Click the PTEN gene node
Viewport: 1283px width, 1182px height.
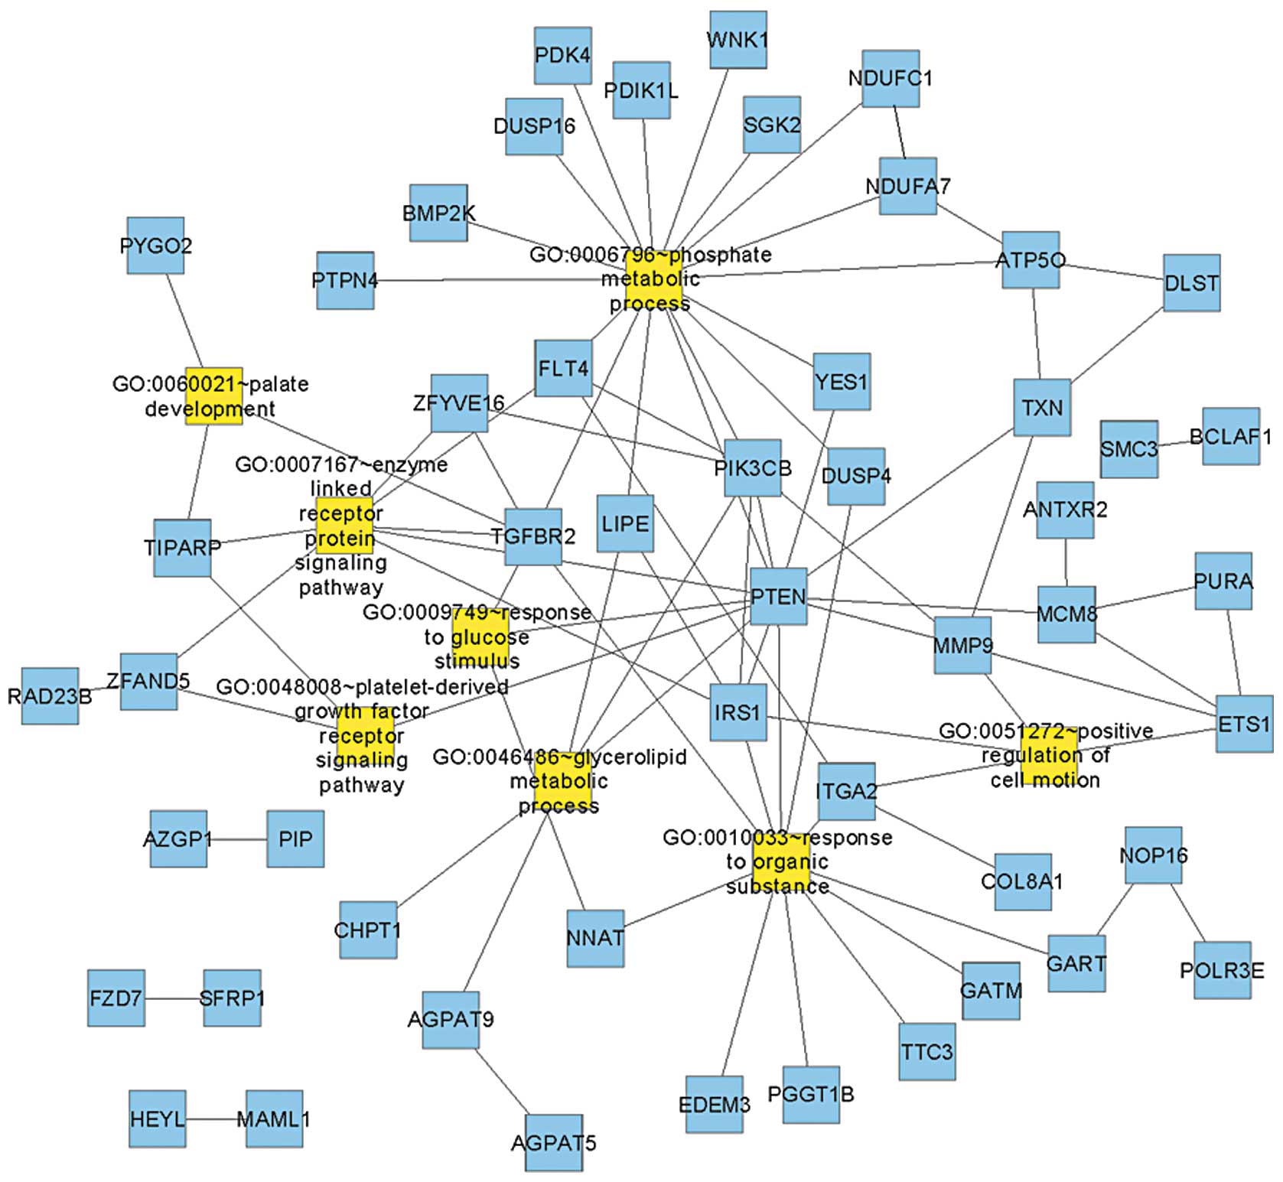[778, 597]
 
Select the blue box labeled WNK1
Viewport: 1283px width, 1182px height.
[738, 40]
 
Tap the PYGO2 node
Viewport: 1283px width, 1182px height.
[155, 246]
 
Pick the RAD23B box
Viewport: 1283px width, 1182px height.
[50, 695]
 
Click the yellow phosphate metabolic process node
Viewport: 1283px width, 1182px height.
[653, 278]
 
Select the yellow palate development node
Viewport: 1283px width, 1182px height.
[213, 396]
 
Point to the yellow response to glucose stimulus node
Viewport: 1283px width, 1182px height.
[480, 637]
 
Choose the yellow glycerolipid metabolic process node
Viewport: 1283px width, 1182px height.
[562, 782]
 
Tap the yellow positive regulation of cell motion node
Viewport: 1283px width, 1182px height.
[1048, 756]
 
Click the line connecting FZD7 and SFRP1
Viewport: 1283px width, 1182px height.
[174, 998]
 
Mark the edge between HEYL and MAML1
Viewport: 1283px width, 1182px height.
[215, 1119]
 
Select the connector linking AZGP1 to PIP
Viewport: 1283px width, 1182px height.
[236, 839]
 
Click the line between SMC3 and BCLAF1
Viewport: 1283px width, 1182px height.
[1180, 442]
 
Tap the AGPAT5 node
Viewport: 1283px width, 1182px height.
[554, 1143]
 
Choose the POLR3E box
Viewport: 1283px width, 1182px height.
[1223, 970]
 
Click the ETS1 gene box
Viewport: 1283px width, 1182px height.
[1244, 724]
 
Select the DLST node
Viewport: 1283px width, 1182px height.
[1191, 283]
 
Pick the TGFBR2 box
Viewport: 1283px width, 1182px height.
[533, 536]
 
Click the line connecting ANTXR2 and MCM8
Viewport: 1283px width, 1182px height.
[1066, 562]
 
